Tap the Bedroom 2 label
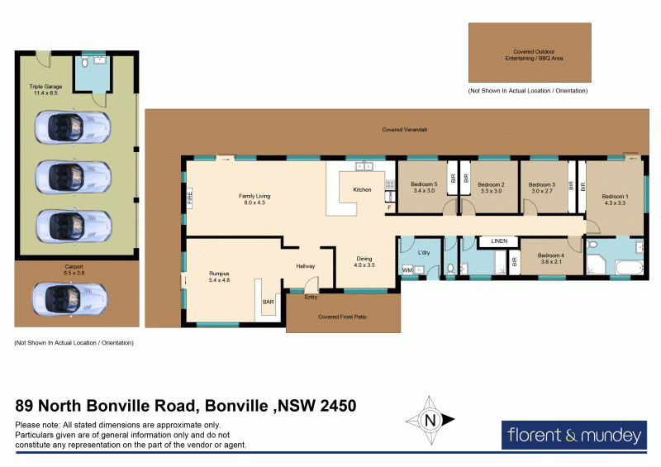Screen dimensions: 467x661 [x=491, y=184]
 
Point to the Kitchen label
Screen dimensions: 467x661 [x=363, y=190]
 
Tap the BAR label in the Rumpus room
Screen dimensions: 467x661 [x=268, y=303]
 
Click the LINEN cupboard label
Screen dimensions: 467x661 [x=498, y=241]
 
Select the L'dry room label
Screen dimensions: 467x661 [x=424, y=252]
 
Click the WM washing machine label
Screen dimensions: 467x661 [x=407, y=270]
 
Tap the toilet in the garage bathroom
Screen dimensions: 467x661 [x=86, y=63]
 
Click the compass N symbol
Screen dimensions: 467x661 [x=429, y=420]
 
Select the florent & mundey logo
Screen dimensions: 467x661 [x=573, y=435]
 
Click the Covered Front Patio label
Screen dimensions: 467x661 [x=342, y=317]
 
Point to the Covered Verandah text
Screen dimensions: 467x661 [x=404, y=130]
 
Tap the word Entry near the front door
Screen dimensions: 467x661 [x=311, y=297]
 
